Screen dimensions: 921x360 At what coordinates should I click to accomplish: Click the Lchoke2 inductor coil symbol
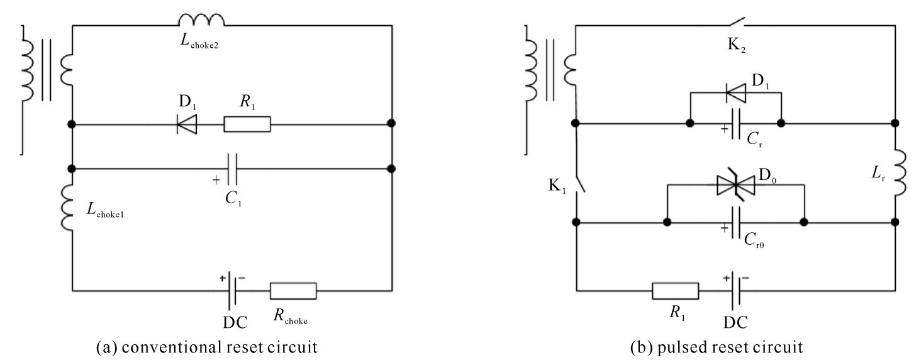201,20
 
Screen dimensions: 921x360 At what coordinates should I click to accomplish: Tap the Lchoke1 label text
105,210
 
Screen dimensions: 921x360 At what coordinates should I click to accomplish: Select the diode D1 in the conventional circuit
187,124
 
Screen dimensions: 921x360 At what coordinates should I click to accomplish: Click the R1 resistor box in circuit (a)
247,124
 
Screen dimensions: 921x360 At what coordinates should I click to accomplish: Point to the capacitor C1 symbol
233,169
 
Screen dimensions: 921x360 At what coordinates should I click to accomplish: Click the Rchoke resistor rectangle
293,291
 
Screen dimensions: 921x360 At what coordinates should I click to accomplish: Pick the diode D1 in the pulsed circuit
735,93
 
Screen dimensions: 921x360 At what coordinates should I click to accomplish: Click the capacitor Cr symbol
736,123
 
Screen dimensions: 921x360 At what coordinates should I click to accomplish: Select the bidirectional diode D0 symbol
735,185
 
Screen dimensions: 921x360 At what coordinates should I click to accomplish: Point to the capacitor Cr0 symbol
736,223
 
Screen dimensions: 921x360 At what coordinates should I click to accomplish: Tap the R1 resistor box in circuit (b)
675,291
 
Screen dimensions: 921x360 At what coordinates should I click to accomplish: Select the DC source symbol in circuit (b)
736,291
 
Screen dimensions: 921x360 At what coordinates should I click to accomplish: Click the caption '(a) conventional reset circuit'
206,347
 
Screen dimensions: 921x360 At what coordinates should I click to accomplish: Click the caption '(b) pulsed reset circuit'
717,347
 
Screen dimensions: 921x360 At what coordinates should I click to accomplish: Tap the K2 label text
737,45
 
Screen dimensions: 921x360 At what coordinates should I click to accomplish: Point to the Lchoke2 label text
199,41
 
